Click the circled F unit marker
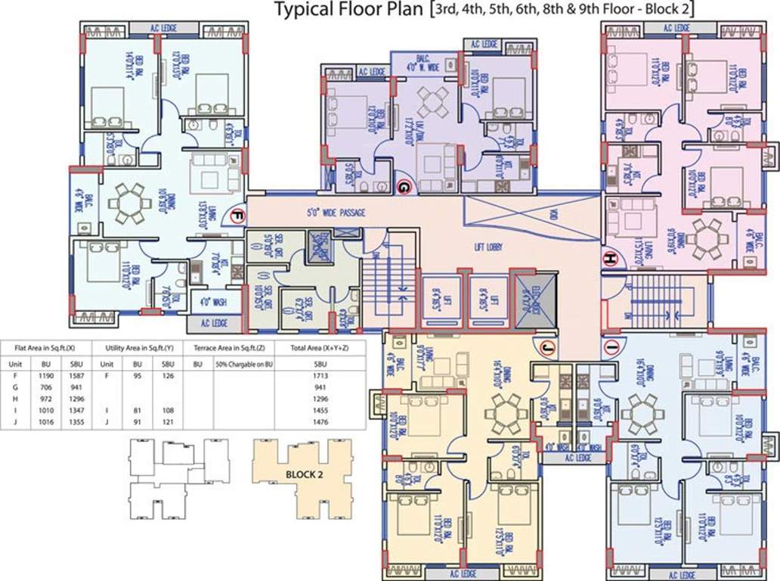(x=236, y=216)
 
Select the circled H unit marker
(x=609, y=259)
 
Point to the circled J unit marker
(x=546, y=347)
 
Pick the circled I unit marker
(x=611, y=347)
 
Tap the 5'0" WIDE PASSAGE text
(x=336, y=213)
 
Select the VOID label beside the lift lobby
(x=552, y=215)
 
